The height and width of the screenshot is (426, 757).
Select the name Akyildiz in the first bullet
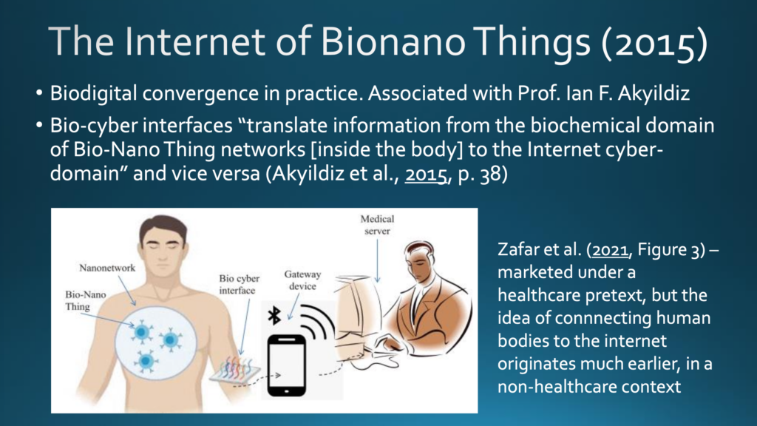654,94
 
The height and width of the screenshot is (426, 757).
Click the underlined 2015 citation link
425,174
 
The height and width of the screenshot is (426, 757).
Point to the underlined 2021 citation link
610,250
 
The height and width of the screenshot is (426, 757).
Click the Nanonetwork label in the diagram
107,268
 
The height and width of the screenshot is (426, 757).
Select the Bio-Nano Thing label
86,300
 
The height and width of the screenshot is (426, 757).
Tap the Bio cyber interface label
239,285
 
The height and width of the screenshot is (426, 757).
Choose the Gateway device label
302,280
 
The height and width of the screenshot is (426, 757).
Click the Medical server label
377,225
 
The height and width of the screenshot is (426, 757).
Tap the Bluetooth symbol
274,315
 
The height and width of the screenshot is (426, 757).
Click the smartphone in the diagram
286,365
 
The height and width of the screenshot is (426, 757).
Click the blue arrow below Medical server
377,261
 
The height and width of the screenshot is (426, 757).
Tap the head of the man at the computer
420,261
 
